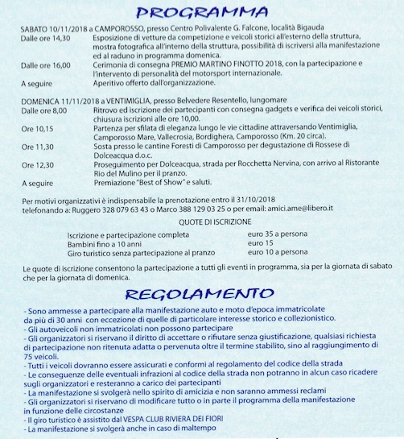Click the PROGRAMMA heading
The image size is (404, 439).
201,13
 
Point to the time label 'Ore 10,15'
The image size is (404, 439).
37,128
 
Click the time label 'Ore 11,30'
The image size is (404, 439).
37,147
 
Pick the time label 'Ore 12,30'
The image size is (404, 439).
37,166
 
